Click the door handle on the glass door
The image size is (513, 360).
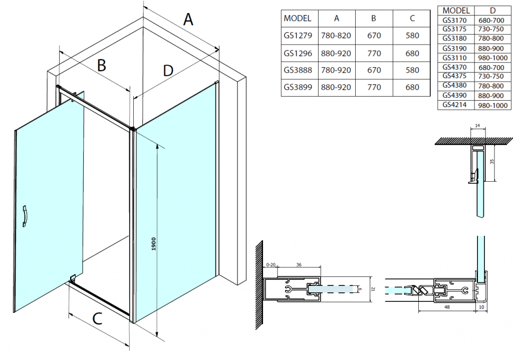click(x=26, y=217)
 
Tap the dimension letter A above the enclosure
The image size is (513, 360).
click(x=188, y=20)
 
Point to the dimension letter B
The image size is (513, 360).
click(x=101, y=65)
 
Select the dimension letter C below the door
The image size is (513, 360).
click(x=98, y=317)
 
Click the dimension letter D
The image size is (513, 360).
click(x=168, y=71)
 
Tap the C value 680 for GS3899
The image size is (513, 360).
click(x=412, y=87)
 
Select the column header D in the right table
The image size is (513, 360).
click(x=492, y=10)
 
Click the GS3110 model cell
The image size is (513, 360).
click(x=455, y=58)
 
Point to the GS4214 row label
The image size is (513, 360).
click(x=455, y=105)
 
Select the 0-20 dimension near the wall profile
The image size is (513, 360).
click(x=271, y=265)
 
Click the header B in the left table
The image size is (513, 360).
click(x=374, y=19)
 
